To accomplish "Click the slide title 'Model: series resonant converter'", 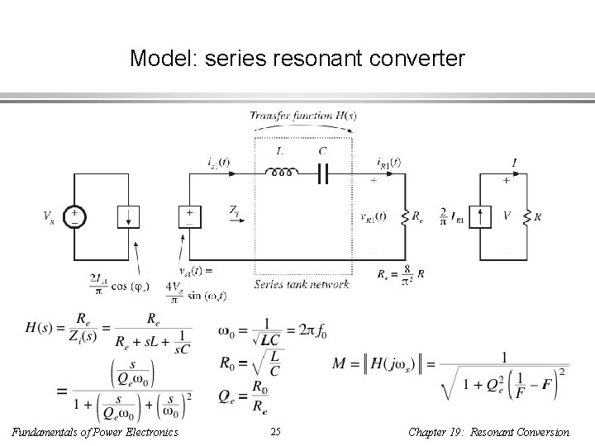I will tap(297, 59).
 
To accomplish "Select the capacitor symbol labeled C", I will tap(322, 174).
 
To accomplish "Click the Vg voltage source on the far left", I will tap(74, 217).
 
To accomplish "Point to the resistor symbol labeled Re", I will tap(404, 217).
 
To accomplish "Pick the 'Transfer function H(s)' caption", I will tap(303, 116).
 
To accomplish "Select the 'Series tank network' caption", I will tap(302, 284).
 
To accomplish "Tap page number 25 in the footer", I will tap(276, 431).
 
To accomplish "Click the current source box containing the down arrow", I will tap(127, 217).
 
